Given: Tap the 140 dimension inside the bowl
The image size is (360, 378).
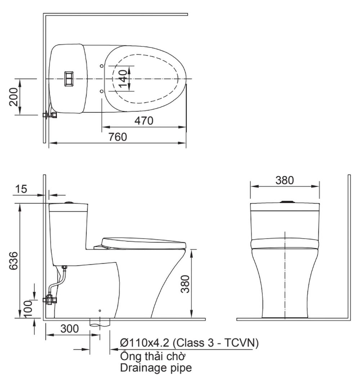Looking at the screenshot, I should point(123,78).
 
